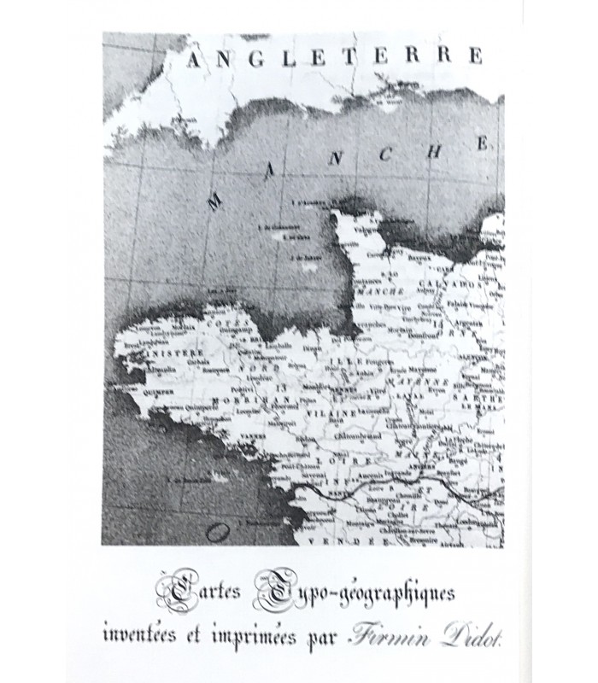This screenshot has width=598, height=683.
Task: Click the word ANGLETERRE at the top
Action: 333,58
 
